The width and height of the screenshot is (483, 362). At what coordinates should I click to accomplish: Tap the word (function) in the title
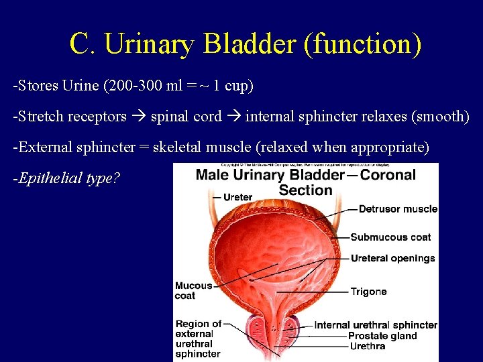tap(363, 44)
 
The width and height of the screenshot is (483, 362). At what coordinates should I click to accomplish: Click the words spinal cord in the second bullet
tap(186, 117)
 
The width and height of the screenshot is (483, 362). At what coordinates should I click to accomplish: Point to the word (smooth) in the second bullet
tap(443, 117)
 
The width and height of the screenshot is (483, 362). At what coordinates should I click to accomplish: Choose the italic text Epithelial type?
tap(66, 178)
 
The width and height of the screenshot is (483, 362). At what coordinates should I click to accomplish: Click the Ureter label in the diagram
tap(237, 197)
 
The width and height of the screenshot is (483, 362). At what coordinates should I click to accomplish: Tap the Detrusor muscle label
tap(398, 209)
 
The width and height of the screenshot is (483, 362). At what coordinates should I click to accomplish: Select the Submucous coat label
tap(390, 237)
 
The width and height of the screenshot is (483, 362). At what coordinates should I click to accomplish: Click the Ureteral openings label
tap(392, 258)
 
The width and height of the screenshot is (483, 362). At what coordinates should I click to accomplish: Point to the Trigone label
tap(368, 292)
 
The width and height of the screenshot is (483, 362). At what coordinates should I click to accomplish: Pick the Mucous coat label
tap(193, 290)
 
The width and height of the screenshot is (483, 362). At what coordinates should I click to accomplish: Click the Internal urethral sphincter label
tap(376, 325)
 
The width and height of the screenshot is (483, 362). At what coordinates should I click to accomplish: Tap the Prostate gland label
tap(382, 336)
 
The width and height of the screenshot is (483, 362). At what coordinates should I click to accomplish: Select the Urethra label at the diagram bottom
tap(367, 346)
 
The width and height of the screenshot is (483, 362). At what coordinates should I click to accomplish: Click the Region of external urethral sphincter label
tap(198, 339)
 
